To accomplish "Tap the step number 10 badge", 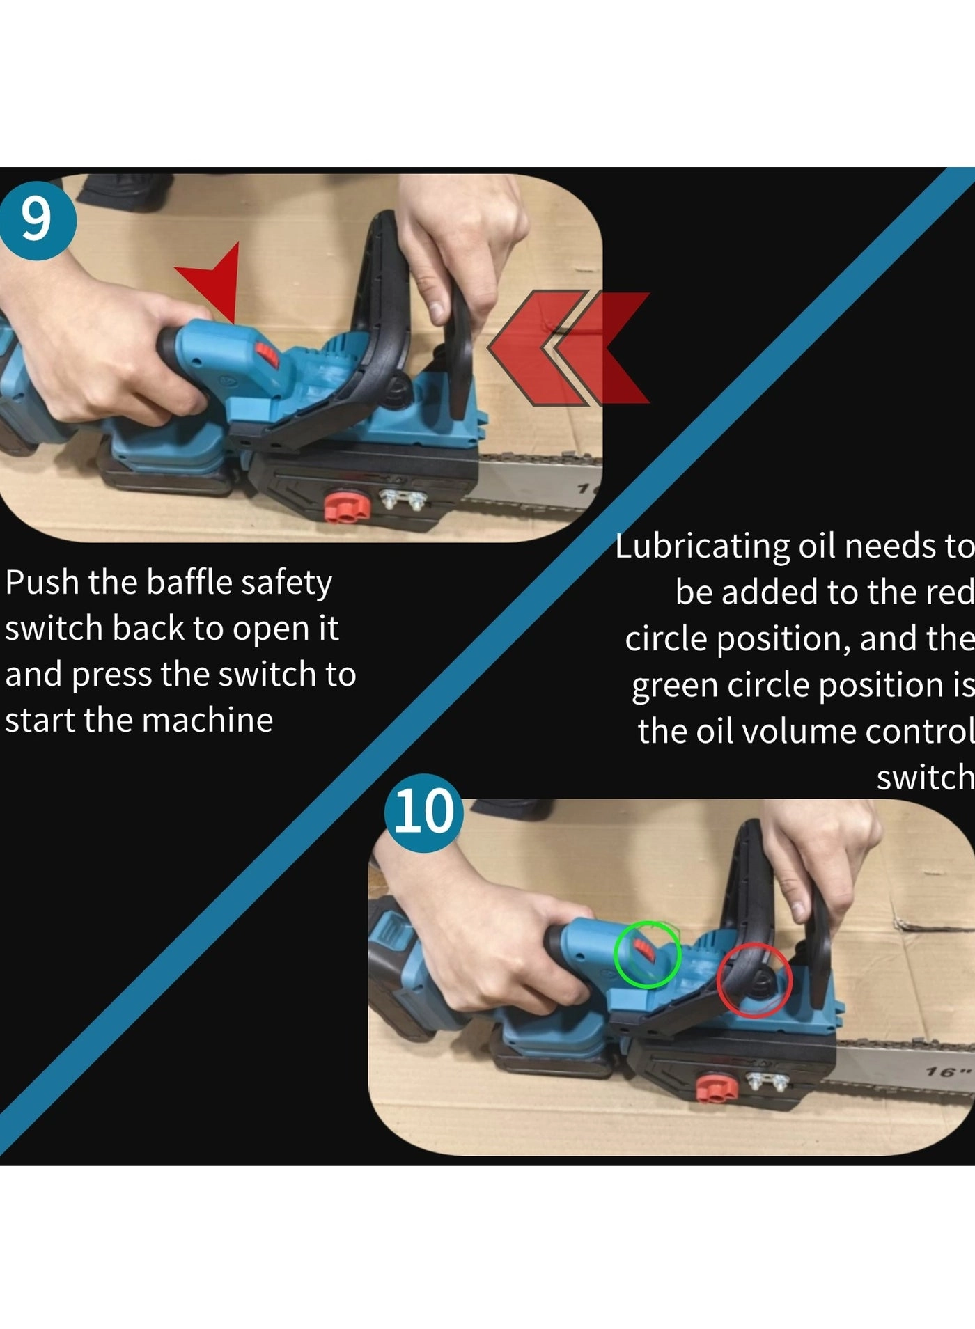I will pos(423,812).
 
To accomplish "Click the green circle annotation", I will pos(647,954).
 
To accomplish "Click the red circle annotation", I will pos(754,980).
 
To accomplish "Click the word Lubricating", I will pos(703,546).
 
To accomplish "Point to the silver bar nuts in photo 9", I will pos(403,498).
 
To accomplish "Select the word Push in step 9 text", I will pos(42,582).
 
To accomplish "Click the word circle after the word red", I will pos(666,639).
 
